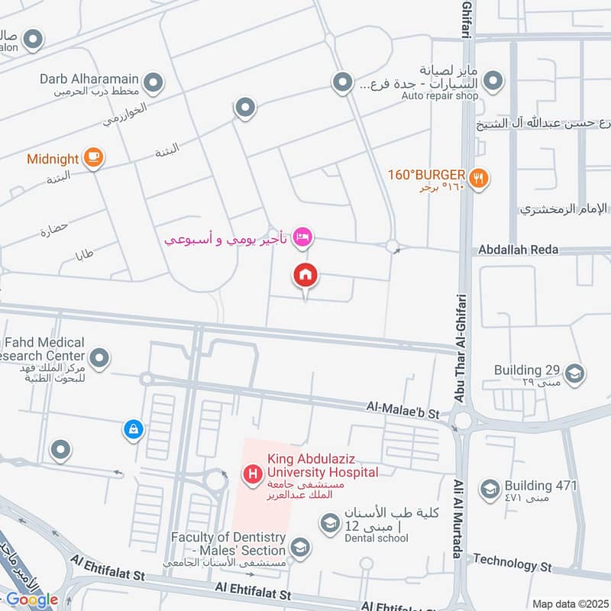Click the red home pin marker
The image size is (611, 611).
(306, 275)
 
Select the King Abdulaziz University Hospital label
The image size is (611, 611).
(322, 467)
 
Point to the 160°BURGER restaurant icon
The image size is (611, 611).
(479, 178)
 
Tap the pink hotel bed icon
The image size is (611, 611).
(302, 237)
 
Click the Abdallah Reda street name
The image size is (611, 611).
(518, 250)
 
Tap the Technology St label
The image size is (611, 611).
(512, 564)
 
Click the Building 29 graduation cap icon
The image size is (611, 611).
(575, 373)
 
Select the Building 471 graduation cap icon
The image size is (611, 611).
(490, 487)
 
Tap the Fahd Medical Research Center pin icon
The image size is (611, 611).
(99, 357)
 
